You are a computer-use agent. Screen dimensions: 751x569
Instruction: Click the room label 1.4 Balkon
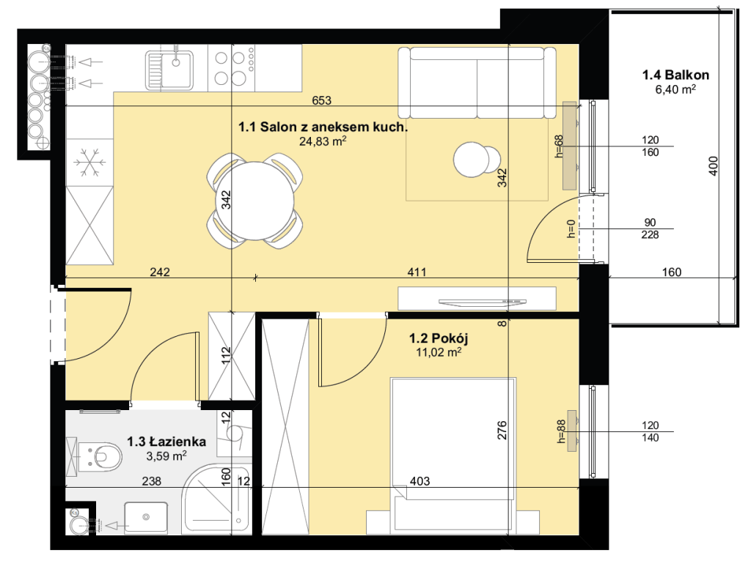675,75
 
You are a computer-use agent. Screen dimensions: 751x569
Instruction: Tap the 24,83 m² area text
323,141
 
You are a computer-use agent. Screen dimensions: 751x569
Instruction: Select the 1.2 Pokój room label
439,338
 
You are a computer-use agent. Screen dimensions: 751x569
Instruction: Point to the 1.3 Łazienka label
166,442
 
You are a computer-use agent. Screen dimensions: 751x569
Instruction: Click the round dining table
255,201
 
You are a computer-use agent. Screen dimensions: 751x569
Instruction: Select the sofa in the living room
477,82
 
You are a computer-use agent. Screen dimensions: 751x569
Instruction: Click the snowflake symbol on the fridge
89,162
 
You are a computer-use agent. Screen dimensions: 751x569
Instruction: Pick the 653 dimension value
321,100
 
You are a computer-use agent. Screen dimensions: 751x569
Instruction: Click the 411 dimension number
417,272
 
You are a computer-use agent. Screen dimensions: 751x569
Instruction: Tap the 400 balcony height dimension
713,166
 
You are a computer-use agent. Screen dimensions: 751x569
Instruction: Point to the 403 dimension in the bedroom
420,481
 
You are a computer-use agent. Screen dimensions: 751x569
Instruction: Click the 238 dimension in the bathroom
151,481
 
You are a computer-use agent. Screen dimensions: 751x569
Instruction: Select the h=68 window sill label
558,146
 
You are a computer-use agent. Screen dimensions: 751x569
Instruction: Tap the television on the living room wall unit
483,302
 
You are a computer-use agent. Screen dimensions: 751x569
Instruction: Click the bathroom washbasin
146,517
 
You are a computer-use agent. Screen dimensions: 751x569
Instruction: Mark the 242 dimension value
159,272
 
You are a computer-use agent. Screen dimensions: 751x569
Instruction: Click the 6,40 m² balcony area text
675,89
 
